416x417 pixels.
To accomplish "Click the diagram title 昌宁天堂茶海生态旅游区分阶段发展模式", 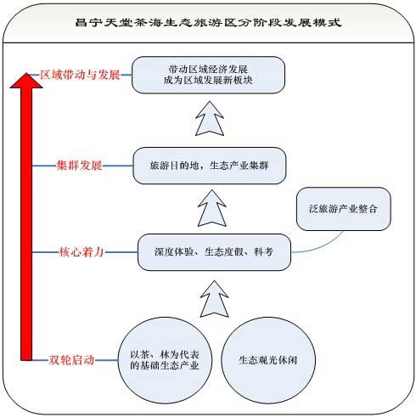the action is click(208, 22).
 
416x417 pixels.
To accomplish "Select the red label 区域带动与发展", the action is click(80, 75).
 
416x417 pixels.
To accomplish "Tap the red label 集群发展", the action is click(79, 166).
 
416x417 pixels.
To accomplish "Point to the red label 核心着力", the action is click(82, 251).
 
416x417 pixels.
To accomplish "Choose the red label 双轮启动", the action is click(71, 360).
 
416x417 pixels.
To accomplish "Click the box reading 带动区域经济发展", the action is click(208, 75).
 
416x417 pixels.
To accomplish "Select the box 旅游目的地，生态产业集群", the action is click(210, 166).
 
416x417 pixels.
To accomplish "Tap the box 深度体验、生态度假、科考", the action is click(214, 252).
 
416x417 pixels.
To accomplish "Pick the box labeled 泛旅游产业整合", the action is click(344, 209).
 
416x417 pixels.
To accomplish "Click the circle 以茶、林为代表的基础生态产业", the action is click(165, 360).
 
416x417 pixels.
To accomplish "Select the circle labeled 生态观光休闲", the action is click(268, 360).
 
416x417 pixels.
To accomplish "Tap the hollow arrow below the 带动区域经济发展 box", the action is click(210, 118).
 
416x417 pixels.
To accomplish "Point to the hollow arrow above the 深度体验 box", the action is click(212, 208).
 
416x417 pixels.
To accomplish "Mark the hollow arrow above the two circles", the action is click(214, 299).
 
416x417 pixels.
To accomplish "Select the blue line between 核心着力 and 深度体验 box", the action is click(121, 251).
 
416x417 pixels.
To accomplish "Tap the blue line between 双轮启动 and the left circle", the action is click(106, 360).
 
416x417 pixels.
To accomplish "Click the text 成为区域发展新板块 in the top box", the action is click(208, 81).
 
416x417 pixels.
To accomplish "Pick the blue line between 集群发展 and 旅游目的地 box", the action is click(118, 166).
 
